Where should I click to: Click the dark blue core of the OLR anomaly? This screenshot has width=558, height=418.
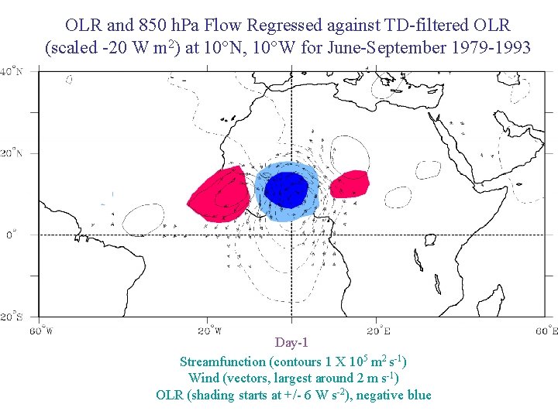point(287,189)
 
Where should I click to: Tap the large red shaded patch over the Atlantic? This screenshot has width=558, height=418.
point(219,196)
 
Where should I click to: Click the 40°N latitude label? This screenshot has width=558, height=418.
point(10,71)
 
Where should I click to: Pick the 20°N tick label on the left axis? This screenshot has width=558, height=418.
point(10,153)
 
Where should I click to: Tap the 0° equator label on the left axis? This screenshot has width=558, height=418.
point(11,235)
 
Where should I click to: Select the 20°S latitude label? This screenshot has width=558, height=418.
point(10,317)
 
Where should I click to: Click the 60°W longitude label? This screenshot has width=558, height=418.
point(41,331)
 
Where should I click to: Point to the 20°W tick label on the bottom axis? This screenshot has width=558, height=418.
point(208,331)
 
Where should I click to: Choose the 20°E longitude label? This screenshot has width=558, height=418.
point(377,331)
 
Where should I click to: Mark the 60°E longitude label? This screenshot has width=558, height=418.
point(545,331)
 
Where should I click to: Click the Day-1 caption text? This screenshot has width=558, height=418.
point(292,342)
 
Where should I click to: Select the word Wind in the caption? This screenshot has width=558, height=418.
point(203,378)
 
